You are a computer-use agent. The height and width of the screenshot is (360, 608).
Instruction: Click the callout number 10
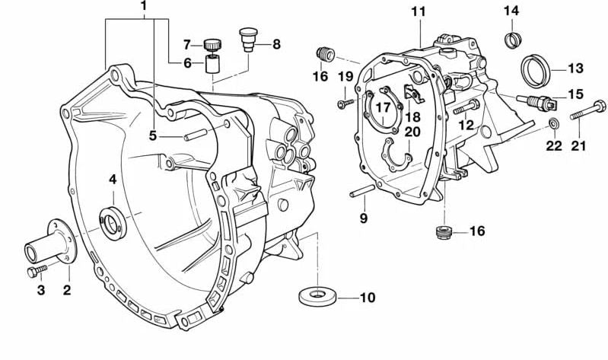pyautogui.click(x=367, y=298)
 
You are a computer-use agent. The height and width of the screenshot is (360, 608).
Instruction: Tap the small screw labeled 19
pyautogui.click(x=344, y=99)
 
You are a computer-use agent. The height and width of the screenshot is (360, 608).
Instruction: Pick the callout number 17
pyautogui.click(x=383, y=107)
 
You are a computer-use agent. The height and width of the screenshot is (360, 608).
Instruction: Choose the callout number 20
pyautogui.click(x=412, y=132)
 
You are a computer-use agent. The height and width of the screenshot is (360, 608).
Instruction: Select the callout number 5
pyautogui.click(x=152, y=136)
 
